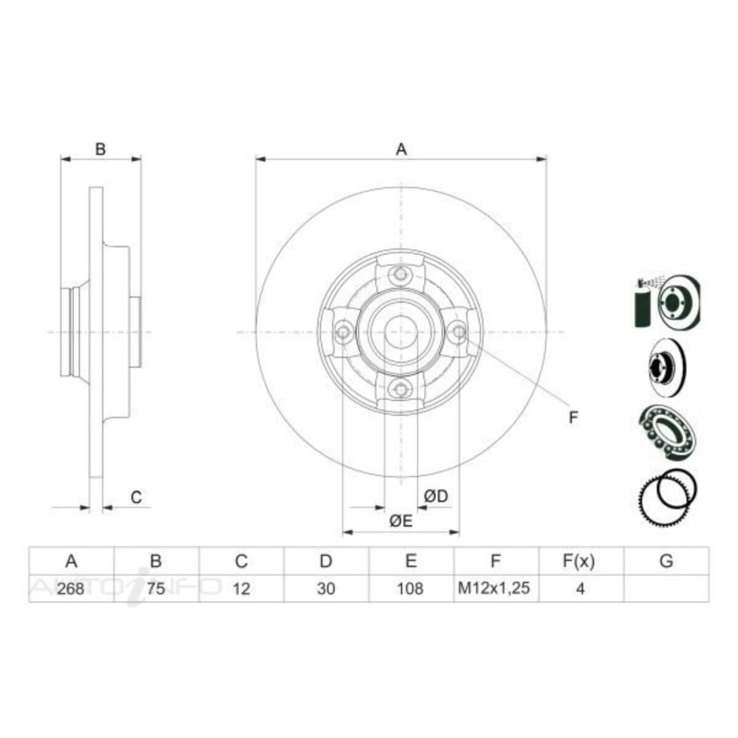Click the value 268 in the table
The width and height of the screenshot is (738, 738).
tap(71, 589)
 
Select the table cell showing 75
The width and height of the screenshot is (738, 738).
tap(156, 589)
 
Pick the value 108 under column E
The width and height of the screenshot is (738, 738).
tap(410, 589)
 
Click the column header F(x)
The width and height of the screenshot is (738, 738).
tap(579, 561)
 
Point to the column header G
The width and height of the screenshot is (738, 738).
tap(665, 561)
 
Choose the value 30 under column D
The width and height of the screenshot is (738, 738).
tap(326, 589)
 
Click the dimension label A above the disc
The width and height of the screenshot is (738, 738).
tap(401, 149)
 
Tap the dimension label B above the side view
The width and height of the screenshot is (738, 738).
tap(101, 149)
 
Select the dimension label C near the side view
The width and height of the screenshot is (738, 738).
tap(137, 497)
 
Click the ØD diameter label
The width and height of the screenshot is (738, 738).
tap(436, 496)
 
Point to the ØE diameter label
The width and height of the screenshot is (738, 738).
tap(400, 522)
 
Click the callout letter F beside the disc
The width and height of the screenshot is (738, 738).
tap(573, 418)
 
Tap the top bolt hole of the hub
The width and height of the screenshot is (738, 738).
tap(401, 275)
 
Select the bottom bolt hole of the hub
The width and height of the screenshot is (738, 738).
tap(401, 388)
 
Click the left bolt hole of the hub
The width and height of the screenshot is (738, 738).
tap(344, 332)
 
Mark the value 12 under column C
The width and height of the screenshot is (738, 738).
tap(242, 589)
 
